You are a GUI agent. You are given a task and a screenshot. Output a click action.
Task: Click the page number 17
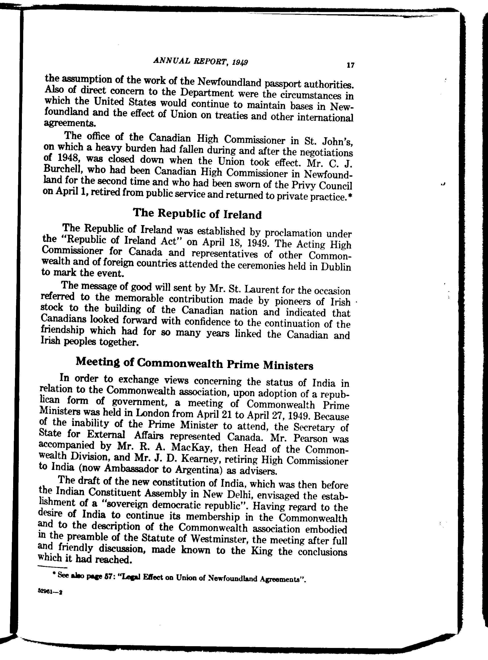coord(351,65)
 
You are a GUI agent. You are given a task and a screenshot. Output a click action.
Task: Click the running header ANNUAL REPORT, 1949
coord(201,61)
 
